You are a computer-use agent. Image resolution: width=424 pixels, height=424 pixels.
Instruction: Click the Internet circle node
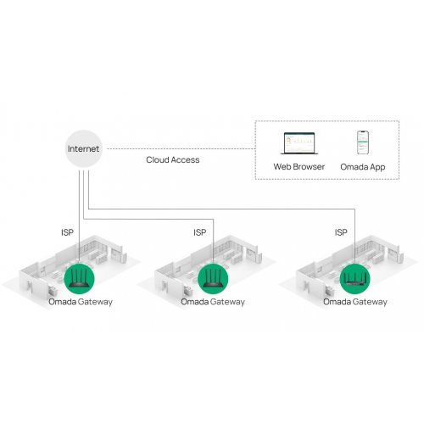click(84, 148)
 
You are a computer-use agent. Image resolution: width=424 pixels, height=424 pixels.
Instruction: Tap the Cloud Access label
click(173, 159)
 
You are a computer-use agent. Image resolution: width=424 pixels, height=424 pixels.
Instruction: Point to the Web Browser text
click(298, 168)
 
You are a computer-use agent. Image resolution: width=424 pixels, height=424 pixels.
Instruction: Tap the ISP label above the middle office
click(199, 232)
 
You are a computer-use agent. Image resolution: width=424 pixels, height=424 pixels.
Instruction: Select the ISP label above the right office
click(341, 232)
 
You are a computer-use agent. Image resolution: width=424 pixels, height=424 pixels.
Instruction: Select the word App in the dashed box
click(377, 168)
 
